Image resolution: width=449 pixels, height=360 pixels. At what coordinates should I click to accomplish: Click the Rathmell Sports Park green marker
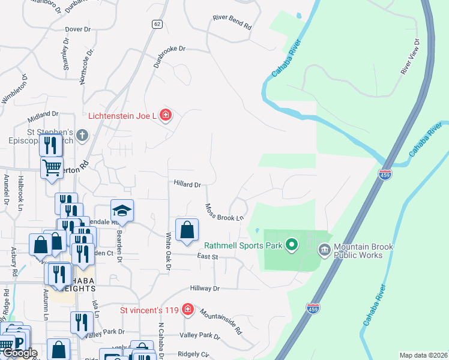292,245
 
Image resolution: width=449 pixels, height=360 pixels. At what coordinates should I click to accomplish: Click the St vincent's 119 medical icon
188,310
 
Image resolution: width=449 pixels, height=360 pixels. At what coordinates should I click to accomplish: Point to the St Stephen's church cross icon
82,136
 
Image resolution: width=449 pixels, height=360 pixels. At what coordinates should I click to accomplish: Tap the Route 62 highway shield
157,24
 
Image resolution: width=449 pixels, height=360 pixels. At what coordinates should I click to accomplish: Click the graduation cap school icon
121,211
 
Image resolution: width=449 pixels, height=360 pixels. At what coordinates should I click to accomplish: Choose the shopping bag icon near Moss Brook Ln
187,230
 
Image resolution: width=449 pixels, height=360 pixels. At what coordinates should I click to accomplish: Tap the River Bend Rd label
232,23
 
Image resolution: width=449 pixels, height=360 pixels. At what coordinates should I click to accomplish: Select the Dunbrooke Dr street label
170,56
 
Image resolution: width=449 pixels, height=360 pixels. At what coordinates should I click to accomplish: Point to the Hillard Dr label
187,185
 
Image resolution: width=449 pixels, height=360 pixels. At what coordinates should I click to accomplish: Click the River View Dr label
410,57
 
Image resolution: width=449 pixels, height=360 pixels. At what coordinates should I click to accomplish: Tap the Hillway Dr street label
205,289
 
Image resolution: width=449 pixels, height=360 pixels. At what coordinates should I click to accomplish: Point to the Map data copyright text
423,355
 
